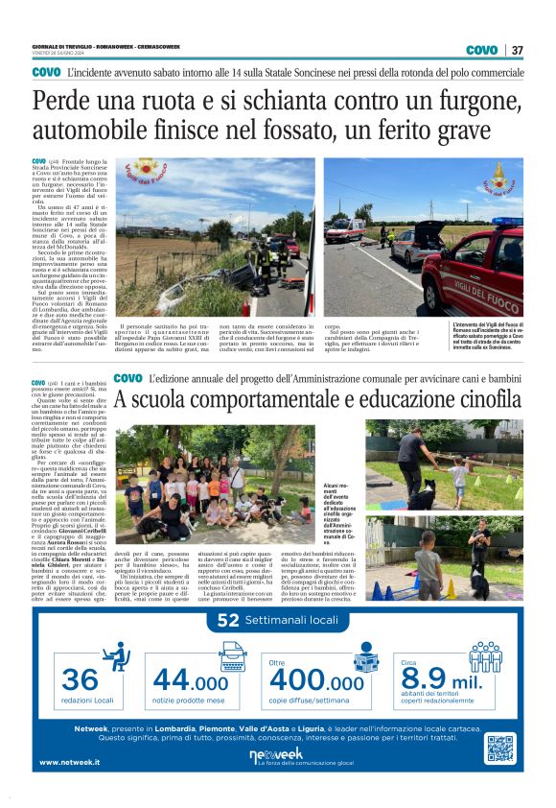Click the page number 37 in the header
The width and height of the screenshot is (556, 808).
(517, 50)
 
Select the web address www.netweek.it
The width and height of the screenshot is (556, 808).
(72, 763)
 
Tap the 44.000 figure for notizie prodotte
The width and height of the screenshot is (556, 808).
(191, 680)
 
